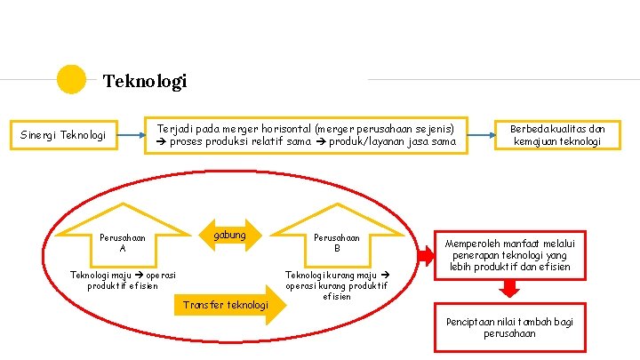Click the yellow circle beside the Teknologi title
pyautogui.click(x=71, y=80)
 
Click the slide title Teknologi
pyautogui.click(x=145, y=82)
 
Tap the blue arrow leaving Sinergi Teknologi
pyautogui.click(x=130, y=136)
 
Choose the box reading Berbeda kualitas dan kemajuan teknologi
pyautogui.click(x=557, y=135)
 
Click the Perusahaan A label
pyautogui.click(x=123, y=243)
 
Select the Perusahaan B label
pyautogui.click(x=337, y=243)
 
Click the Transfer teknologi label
pyautogui.click(x=225, y=305)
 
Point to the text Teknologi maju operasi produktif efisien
pyautogui.click(x=123, y=280)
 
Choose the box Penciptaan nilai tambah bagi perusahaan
pyautogui.click(x=509, y=327)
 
